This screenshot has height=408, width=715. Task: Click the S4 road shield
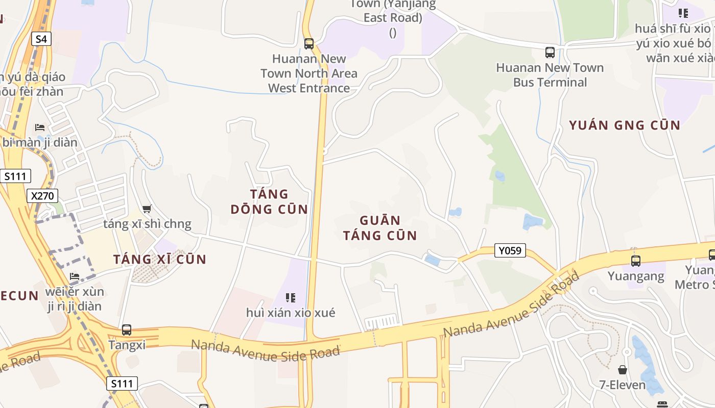(x=41, y=39)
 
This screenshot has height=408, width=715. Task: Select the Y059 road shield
(x=510, y=250)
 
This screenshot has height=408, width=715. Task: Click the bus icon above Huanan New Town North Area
(x=309, y=44)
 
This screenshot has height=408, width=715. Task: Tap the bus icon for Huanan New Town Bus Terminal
(x=550, y=52)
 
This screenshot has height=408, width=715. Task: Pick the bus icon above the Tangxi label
(x=127, y=330)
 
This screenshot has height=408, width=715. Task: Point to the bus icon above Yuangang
(x=636, y=261)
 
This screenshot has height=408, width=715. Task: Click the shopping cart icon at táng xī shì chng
(x=147, y=209)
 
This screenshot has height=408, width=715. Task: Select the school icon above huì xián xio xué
(x=291, y=297)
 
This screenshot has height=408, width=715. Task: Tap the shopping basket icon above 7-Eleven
(x=623, y=369)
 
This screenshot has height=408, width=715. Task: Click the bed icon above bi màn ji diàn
(x=40, y=127)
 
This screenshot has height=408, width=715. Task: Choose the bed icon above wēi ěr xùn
(x=75, y=276)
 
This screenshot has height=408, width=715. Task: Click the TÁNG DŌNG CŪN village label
(x=269, y=201)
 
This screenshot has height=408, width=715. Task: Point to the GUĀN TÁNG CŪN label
(x=380, y=228)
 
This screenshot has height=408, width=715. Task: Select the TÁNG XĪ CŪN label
(x=160, y=259)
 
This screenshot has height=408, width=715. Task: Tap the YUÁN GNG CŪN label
(x=625, y=125)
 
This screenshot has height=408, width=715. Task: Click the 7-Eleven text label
(x=623, y=385)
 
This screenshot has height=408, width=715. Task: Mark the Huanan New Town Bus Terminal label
(x=550, y=75)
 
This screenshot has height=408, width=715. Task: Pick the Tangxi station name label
(x=127, y=345)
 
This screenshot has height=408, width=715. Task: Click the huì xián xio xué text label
(x=291, y=313)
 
